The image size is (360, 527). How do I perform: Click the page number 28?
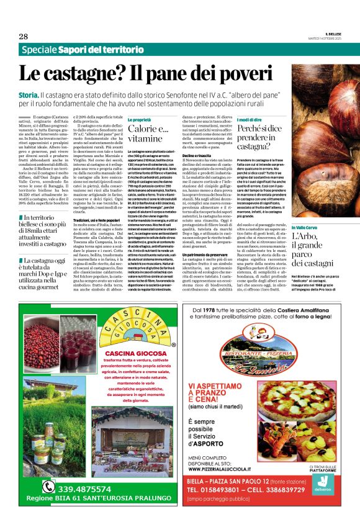[23, 37]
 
